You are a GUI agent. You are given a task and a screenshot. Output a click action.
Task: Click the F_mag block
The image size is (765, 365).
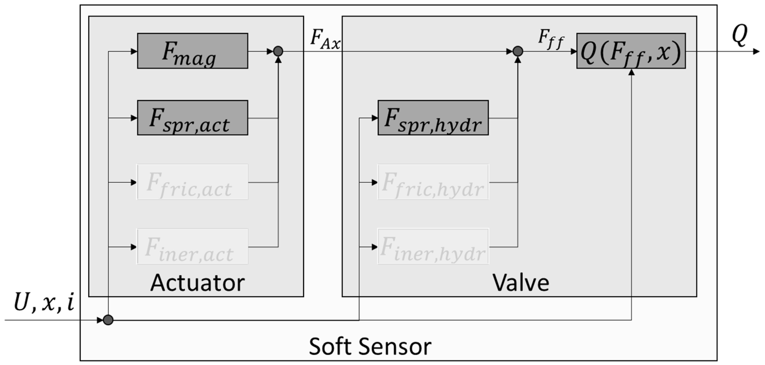pyautogui.click(x=192, y=51)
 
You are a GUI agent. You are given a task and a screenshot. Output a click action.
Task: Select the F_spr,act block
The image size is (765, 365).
pyautogui.click(x=192, y=118)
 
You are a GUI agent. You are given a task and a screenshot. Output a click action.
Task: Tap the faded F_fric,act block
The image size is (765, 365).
pyautogui.click(x=192, y=182)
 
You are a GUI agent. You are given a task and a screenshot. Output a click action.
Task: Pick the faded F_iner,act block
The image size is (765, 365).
pyautogui.click(x=192, y=247)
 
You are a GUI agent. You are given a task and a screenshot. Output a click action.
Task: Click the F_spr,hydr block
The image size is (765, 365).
pyautogui.click(x=433, y=118)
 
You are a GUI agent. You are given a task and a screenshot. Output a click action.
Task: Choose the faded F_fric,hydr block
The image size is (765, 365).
pyautogui.click(x=433, y=182)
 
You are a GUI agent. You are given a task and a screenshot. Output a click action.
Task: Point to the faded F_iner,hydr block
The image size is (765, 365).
pyautogui.click(x=433, y=247)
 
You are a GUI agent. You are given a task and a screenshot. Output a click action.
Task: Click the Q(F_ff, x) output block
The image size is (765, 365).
pyautogui.click(x=631, y=51)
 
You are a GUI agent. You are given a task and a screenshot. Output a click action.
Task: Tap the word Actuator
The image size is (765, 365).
pyautogui.click(x=198, y=283)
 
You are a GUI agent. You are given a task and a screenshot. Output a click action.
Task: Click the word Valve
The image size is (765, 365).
pyautogui.click(x=521, y=283)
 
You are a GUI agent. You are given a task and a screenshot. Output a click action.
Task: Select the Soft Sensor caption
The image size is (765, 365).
pyautogui.click(x=370, y=346)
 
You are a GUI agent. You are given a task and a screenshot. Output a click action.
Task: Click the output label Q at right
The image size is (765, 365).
pyautogui.click(x=739, y=35)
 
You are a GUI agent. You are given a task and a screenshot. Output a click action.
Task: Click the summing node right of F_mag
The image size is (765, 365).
pyautogui.click(x=278, y=51)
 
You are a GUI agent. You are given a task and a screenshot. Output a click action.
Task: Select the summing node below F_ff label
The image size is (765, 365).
pyautogui.click(x=518, y=51)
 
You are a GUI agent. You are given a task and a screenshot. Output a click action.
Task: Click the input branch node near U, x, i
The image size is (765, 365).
pyautogui.click(x=108, y=320)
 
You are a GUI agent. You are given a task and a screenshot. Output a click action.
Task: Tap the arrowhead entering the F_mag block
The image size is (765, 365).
pyautogui.click(x=134, y=51)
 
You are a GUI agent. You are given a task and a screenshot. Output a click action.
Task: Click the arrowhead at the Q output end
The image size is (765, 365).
pyautogui.click(x=756, y=52)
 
